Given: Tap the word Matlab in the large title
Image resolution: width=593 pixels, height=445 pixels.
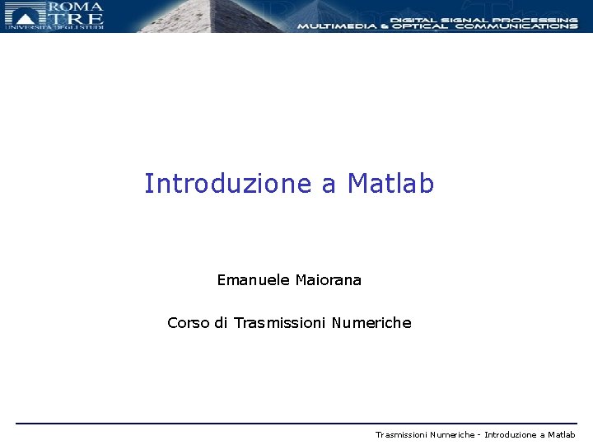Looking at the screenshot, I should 390,184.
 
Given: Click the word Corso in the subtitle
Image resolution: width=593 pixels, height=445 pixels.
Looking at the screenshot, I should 189,323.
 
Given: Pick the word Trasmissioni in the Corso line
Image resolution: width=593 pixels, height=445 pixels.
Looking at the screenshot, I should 280,323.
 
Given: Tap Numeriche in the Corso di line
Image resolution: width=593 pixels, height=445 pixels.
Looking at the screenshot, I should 371,323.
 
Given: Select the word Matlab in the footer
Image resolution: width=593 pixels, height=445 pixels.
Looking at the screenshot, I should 561,434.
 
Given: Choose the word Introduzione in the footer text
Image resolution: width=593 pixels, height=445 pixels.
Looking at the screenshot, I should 511,434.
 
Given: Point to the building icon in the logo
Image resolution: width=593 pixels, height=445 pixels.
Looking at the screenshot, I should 25,12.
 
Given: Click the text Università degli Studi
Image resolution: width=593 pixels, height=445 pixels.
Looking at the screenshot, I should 54,28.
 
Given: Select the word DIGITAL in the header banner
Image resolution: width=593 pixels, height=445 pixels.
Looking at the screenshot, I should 412,19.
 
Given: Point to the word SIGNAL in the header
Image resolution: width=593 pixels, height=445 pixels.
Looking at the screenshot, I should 466,19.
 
